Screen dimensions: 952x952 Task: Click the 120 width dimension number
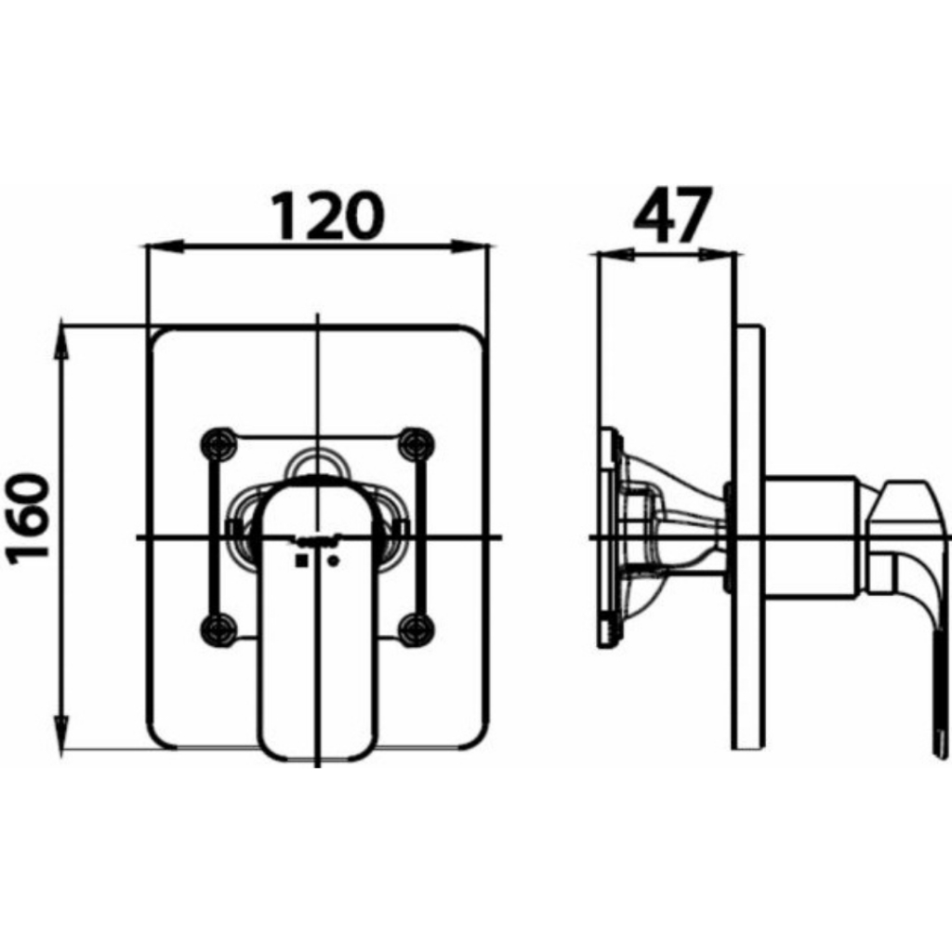tap(327, 216)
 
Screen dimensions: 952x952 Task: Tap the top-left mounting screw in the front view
tap(219, 443)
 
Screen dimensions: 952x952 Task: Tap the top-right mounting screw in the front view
tap(416, 443)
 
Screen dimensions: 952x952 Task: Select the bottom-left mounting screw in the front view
tap(219, 629)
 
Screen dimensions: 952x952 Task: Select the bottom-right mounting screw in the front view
tap(416, 629)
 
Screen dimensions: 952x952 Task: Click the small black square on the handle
tap(300, 561)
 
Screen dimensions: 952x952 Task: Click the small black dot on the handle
tap(333, 561)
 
